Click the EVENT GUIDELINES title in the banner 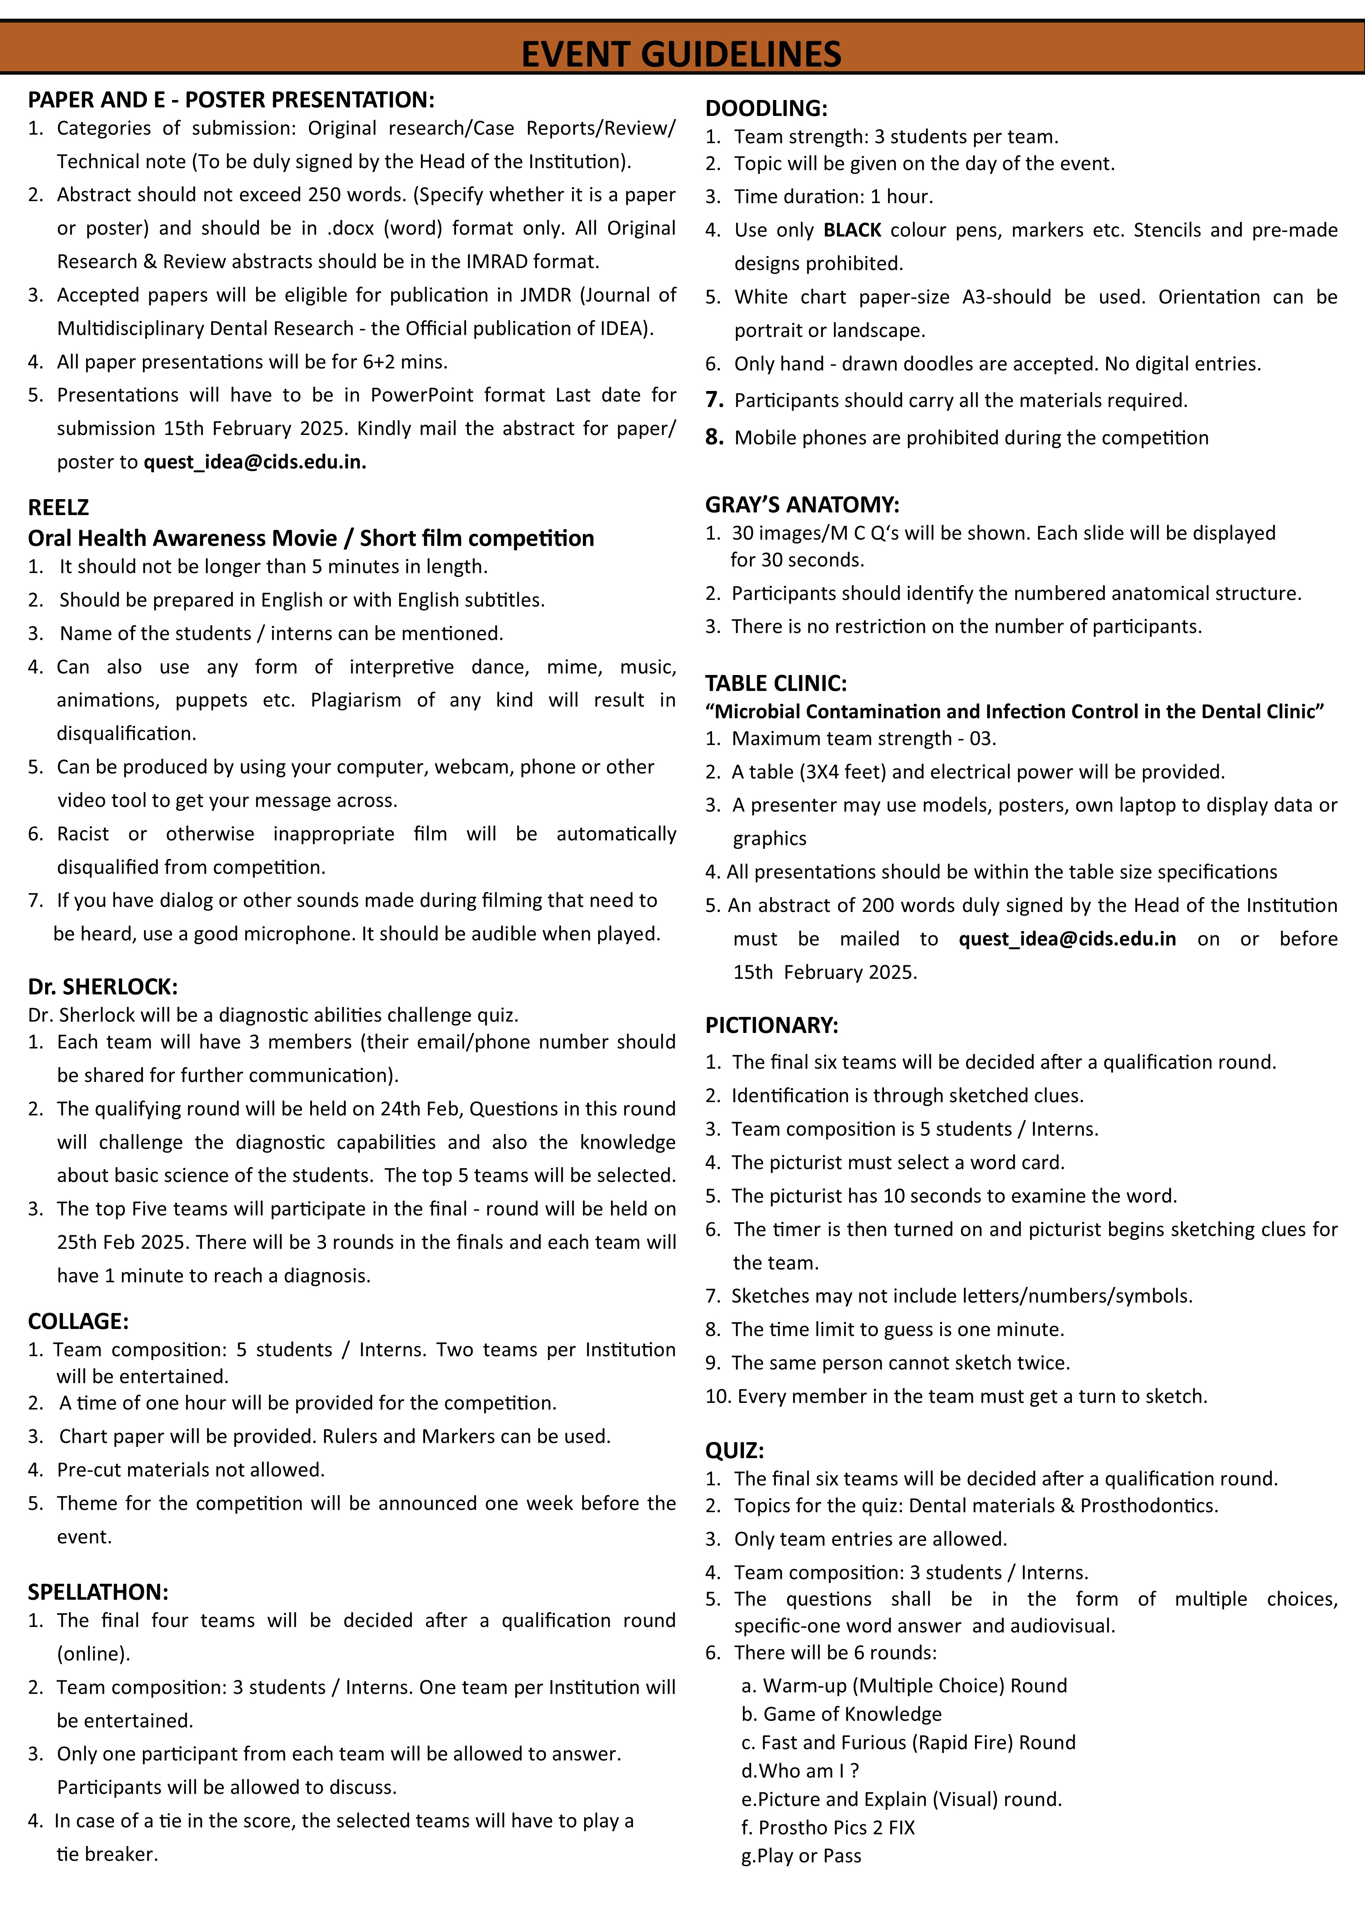pyautogui.click(x=681, y=54)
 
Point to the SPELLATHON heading pyautogui.click(x=98, y=1592)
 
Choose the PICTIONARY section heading pyautogui.click(x=772, y=1025)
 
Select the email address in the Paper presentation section pyautogui.click(x=255, y=462)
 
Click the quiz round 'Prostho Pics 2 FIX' pyautogui.click(x=828, y=1827)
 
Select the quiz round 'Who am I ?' pyautogui.click(x=800, y=1771)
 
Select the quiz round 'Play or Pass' pyautogui.click(x=801, y=1856)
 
